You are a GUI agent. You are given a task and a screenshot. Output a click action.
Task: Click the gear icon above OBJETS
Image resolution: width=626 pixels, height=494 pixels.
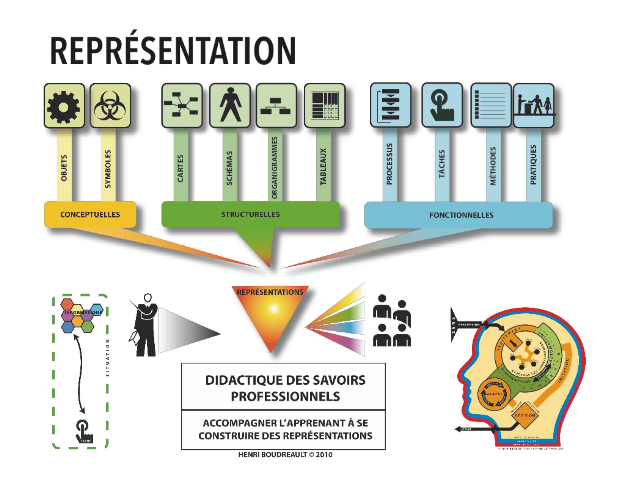[64, 107]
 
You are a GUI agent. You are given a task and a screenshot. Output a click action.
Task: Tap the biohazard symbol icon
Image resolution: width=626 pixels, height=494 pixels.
[110, 106]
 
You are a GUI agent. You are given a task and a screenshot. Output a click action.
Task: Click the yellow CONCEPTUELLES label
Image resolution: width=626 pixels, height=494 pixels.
[90, 215]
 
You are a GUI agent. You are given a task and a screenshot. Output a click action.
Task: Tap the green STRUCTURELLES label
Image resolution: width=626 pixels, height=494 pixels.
[251, 214]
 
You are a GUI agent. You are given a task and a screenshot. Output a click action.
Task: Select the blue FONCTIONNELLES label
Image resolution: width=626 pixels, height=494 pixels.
[461, 215]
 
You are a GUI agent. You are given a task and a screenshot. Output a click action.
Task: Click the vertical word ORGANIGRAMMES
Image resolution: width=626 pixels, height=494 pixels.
[275, 168]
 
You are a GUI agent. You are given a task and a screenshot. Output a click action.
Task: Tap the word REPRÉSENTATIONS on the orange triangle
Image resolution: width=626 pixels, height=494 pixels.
[270, 292]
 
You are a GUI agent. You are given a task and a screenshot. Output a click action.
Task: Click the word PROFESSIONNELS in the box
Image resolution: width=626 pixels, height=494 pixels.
[285, 397]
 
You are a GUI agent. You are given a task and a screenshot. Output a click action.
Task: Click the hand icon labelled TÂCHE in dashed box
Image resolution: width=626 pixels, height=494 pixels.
[84, 432]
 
